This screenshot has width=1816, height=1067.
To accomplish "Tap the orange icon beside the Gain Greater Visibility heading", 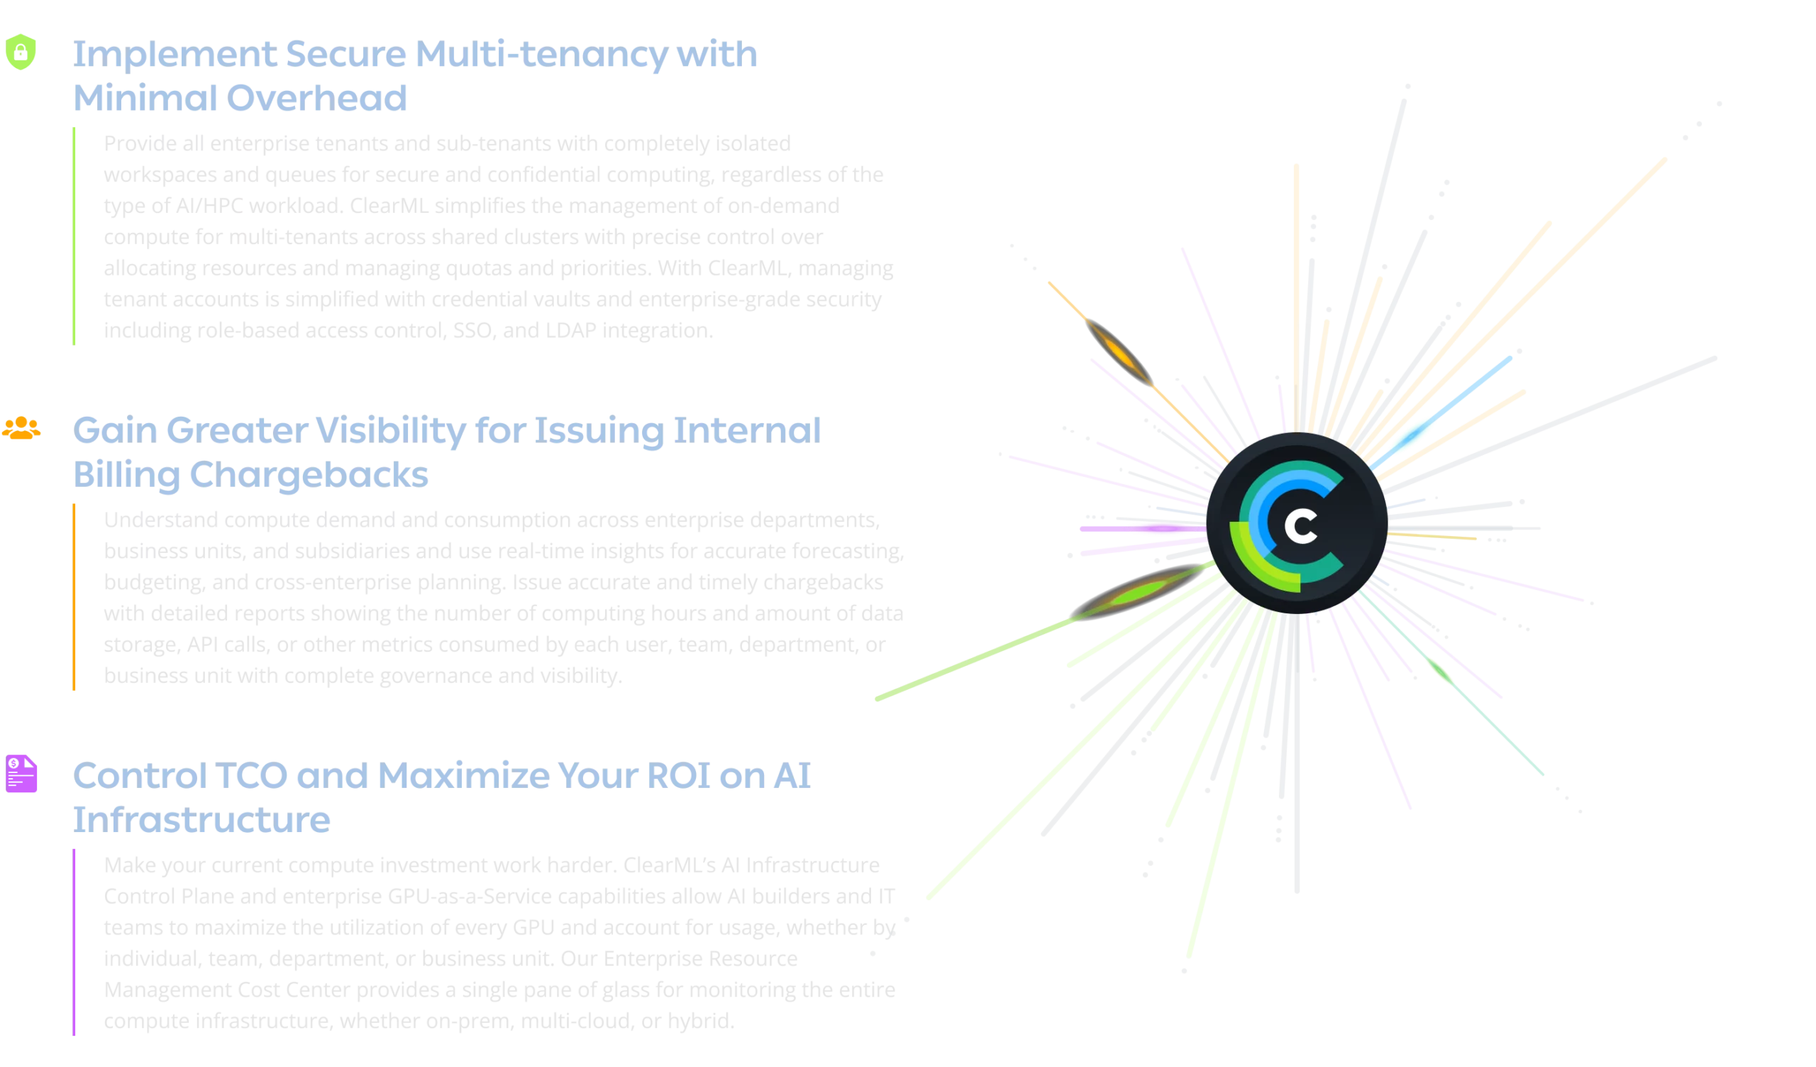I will click(21, 430).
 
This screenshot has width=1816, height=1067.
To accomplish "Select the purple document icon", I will click(22, 775).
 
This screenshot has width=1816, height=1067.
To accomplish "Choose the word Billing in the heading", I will click(126, 474).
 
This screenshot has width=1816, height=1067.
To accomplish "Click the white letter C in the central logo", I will click(1301, 527).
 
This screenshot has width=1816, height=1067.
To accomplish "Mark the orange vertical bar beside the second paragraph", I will click(74, 596).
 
